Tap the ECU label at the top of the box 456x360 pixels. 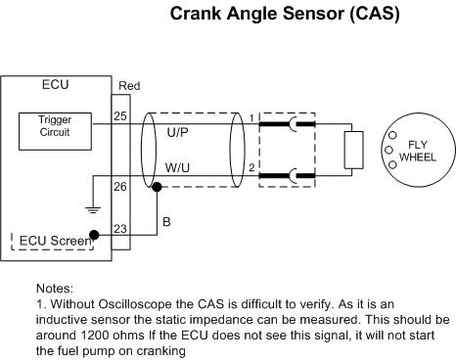[55, 85]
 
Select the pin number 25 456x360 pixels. [120, 116]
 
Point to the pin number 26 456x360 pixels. [120, 187]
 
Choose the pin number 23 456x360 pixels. [120, 229]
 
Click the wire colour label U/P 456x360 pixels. [177, 132]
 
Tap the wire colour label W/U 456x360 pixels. [177, 168]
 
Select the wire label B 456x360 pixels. [166, 222]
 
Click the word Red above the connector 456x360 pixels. [129, 86]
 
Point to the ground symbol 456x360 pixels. [93, 209]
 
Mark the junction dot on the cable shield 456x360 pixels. [157, 187]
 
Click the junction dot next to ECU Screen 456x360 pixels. [94, 235]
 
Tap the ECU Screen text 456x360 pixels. [56, 241]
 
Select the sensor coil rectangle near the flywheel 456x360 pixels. [353, 150]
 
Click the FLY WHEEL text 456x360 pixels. [418, 151]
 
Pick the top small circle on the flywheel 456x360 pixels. [393, 135]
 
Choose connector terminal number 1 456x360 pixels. [251, 118]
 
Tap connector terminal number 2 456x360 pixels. [251, 168]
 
